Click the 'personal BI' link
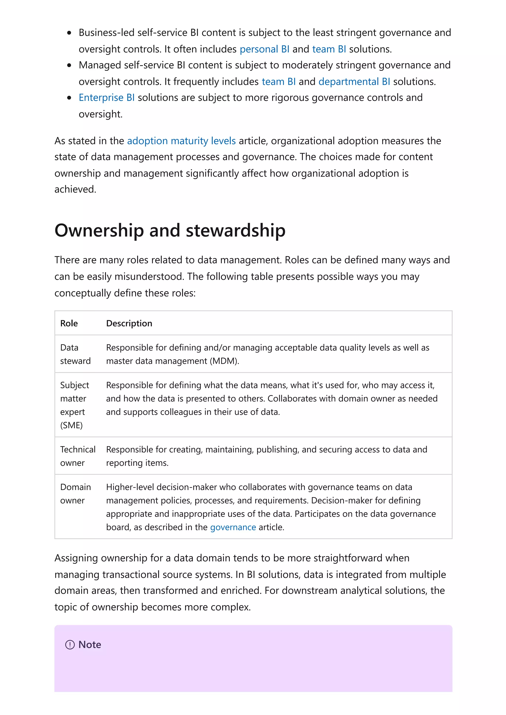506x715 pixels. pyautogui.click(x=264, y=49)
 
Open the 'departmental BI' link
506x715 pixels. pyautogui.click(x=354, y=82)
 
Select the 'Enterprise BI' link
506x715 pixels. pyautogui.click(x=107, y=98)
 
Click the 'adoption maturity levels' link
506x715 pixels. pyautogui.click(x=181, y=141)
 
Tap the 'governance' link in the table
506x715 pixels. pyautogui.click(x=233, y=527)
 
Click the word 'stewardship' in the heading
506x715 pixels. pyautogui.click(x=235, y=231)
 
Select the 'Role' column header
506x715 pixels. pyautogui.click(x=69, y=323)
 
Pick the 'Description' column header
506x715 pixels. pyautogui.click(x=129, y=323)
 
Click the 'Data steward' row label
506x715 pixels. pyautogui.click(x=75, y=354)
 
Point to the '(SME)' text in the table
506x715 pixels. pyautogui.click(x=71, y=425)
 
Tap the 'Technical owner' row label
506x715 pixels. pyautogui.click(x=78, y=456)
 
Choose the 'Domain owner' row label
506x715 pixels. pyautogui.click(x=75, y=494)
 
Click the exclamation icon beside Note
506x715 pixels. pyautogui.click(x=70, y=645)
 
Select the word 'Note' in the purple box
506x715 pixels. pyautogui.click(x=90, y=645)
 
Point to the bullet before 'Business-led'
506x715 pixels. pyautogui.click(x=69, y=33)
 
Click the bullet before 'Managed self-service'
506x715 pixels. pyautogui.click(x=69, y=65)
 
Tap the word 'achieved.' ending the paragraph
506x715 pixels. pyautogui.click(x=75, y=189)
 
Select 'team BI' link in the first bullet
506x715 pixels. pyautogui.click(x=329, y=49)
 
